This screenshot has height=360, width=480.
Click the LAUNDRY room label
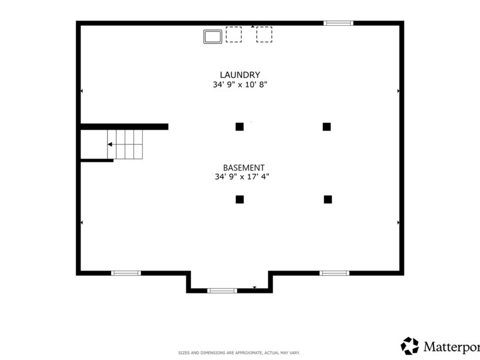240,75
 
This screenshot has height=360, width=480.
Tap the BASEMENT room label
244,168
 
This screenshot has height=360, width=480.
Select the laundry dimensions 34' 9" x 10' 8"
240,85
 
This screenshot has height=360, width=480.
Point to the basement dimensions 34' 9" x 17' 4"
242,176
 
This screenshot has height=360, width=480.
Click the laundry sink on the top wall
213,37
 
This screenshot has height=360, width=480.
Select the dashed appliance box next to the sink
233,34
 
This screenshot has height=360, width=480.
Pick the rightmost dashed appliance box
264,34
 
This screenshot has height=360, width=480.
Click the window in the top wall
338,23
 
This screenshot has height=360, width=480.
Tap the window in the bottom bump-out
222,290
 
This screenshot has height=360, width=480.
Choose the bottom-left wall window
126,273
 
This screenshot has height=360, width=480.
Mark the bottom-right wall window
334,273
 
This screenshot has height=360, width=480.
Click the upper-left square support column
239,127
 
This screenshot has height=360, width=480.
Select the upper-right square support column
326,127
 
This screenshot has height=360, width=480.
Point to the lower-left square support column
239,200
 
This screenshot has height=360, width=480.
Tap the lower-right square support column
328,200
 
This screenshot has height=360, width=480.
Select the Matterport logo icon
410,346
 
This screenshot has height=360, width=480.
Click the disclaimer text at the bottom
239,353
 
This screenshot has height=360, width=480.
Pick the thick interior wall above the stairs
124,127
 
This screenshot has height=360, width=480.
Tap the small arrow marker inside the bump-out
254,287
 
